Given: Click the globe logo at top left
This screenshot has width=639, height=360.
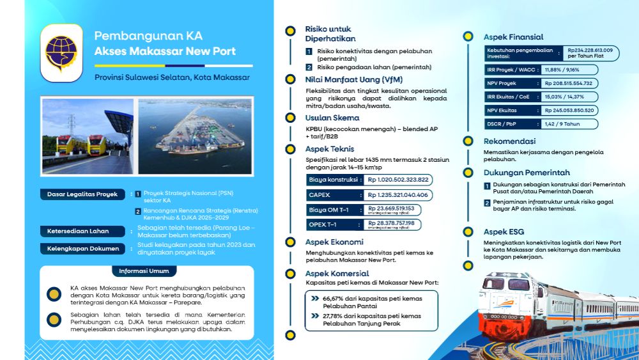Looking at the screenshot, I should pyautogui.click(x=61, y=53).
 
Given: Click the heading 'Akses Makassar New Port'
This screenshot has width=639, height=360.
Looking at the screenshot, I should pyautogui.click(x=165, y=51).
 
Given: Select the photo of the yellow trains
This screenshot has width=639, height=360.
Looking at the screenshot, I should pyautogui.click(x=87, y=136).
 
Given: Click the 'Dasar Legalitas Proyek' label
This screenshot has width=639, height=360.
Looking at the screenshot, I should pyautogui.click(x=82, y=194).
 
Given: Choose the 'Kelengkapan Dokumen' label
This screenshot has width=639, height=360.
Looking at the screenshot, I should pyautogui.click(x=82, y=248).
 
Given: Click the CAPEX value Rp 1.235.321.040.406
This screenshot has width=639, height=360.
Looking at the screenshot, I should pyautogui.click(x=397, y=194).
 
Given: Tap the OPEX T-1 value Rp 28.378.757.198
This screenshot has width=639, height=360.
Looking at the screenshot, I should pyautogui.click(x=391, y=224).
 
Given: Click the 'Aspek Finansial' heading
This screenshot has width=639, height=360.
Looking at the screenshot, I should pyautogui.click(x=513, y=37).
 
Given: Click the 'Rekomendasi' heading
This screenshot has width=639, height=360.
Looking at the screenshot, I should pyautogui.click(x=509, y=141).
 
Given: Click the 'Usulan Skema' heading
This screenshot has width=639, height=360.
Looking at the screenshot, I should pyautogui.click(x=332, y=118).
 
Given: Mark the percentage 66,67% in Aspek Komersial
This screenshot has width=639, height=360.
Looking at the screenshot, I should pyautogui.click(x=334, y=299).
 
